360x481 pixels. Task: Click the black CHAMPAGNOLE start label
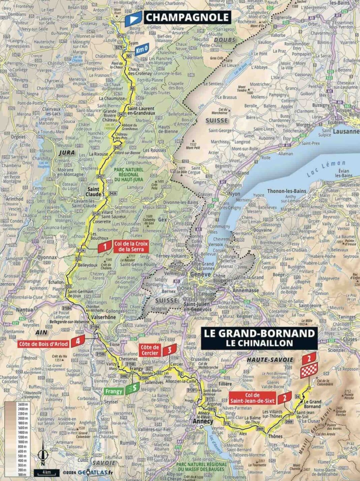click(187, 17)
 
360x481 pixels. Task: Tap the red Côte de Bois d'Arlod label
click(43, 344)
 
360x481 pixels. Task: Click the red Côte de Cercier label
click(150, 350)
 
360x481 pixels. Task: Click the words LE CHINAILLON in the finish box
click(259, 343)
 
